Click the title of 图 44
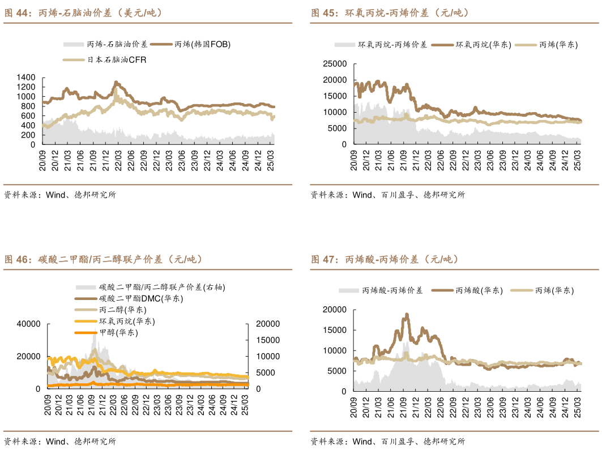point(83,13)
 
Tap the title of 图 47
point(385,260)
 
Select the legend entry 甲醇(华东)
point(118,332)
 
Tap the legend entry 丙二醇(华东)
point(122,310)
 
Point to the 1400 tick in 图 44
point(27,77)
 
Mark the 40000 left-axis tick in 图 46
point(28,324)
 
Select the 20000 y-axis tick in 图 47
point(334,310)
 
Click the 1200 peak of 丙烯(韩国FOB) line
point(116,83)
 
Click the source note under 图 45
point(387,195)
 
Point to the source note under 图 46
point(59,442)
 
